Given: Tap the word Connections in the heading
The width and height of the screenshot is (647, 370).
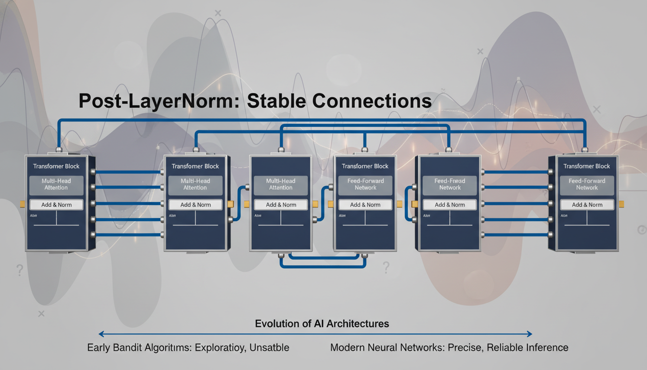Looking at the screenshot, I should tap(371, 101).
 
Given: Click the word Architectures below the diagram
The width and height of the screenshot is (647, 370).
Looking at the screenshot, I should tap(358, 324).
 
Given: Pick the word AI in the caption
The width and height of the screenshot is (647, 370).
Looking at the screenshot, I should tap(318, 324).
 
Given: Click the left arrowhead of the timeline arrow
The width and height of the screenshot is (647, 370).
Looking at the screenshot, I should tap(101, 333).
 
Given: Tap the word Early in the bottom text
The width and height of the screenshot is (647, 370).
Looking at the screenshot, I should tap(100, 347).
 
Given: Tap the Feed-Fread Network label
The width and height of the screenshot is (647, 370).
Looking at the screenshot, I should tap(450, 184).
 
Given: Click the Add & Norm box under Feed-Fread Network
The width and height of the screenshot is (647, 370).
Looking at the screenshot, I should tap(450, 205).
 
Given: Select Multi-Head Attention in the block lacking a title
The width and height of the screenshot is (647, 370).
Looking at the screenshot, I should tap(281, 184).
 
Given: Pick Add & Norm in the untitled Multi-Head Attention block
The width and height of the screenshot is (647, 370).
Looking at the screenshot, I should tap(281, 205).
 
